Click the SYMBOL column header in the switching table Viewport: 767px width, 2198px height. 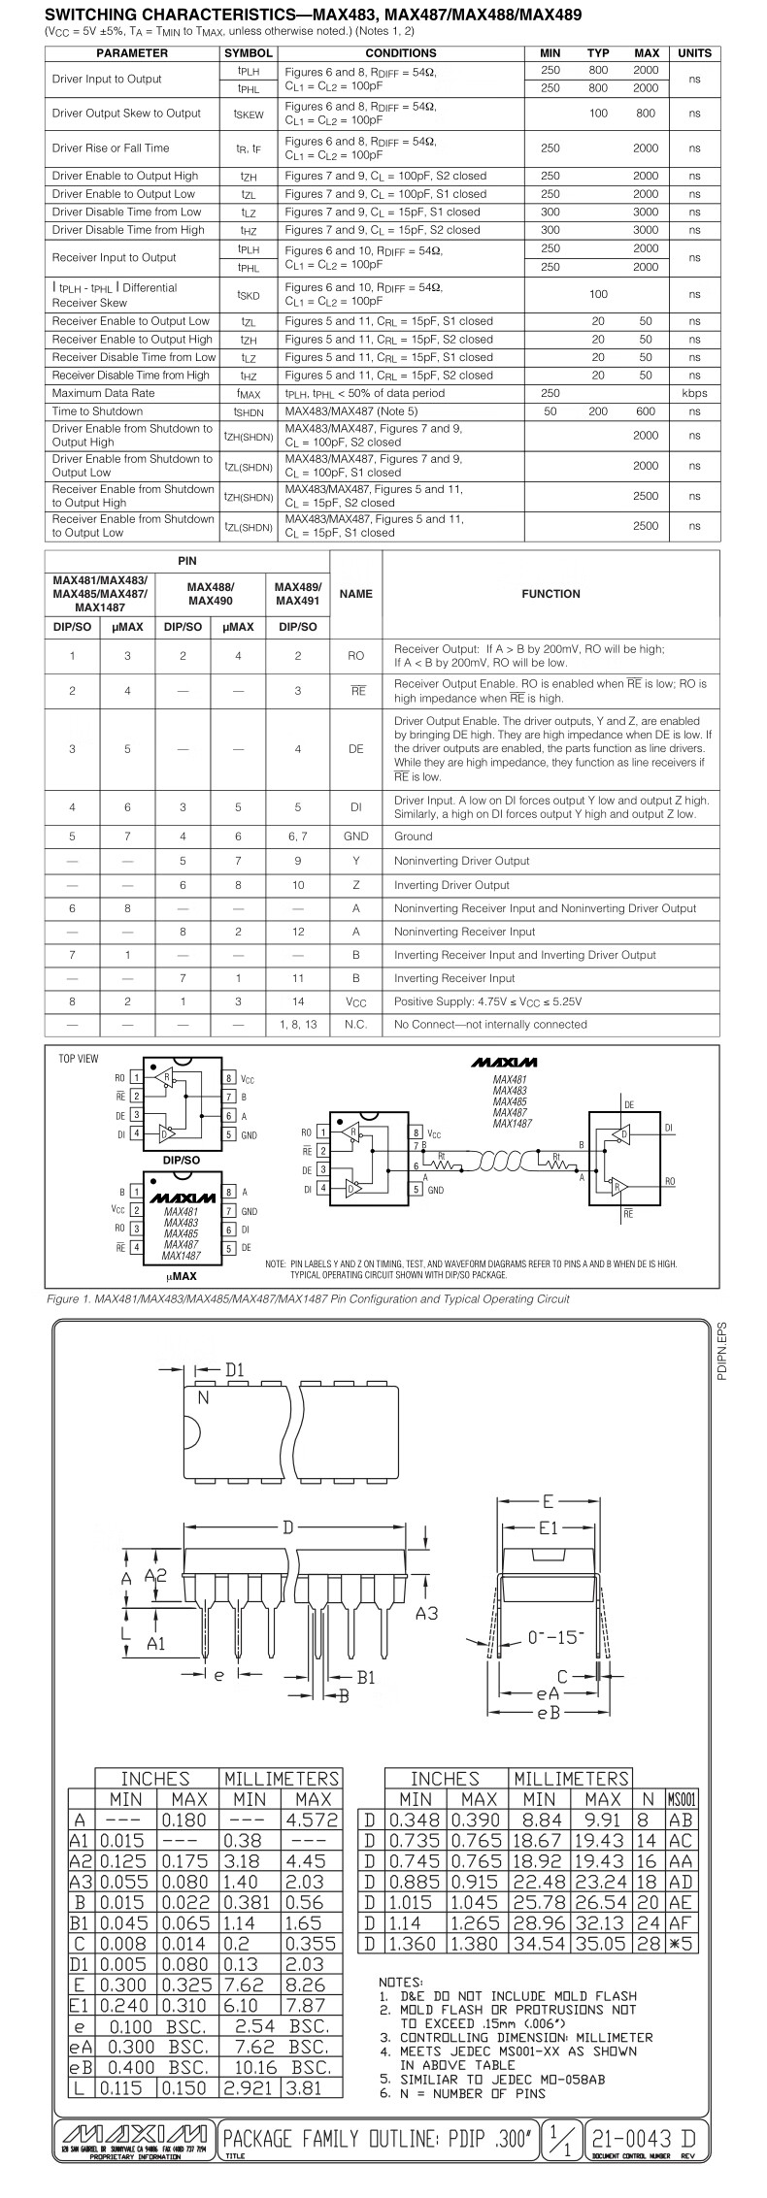248,53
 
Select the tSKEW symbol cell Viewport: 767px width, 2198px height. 248,114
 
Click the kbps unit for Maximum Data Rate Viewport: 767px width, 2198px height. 694,393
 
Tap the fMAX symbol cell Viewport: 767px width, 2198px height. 248,393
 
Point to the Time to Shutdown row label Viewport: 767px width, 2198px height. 97,411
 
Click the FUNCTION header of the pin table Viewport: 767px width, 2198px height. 550,594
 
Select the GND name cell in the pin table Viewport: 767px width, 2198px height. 356,837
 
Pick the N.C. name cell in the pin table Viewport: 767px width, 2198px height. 356,1024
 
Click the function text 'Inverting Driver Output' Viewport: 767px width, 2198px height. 451,885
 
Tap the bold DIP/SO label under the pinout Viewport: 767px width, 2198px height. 181,1160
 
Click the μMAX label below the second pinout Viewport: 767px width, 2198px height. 181,1276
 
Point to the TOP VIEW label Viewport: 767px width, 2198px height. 79,1058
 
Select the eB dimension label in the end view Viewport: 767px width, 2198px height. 549,1713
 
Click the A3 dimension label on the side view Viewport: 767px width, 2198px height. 427,1613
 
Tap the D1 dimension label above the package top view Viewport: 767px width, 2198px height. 234,1370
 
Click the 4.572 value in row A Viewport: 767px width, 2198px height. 311,1821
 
